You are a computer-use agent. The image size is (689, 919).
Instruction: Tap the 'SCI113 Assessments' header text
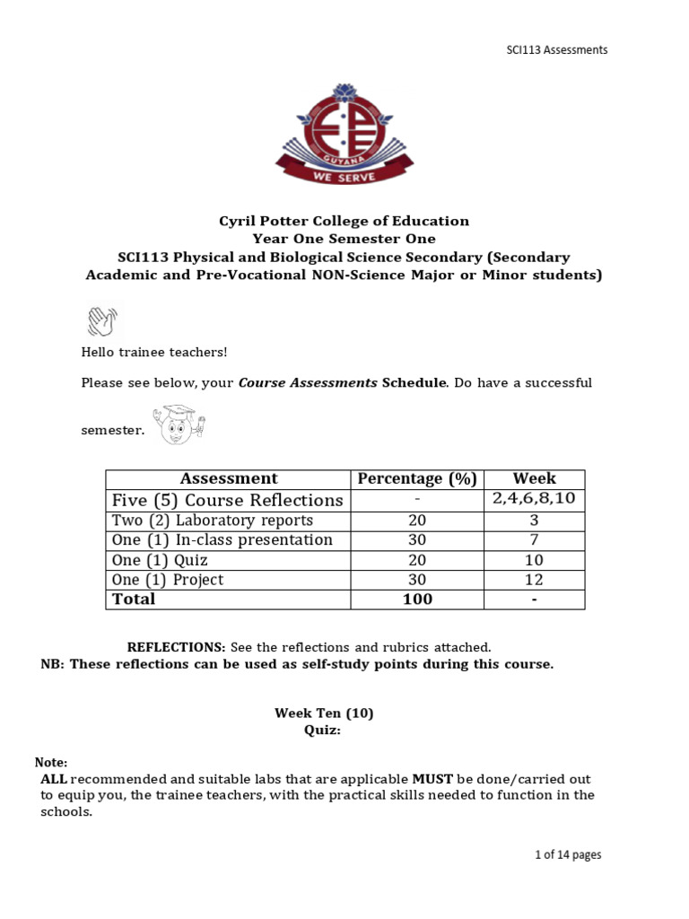pos(556,50)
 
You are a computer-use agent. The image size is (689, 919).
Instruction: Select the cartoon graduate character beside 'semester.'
pos(180,424)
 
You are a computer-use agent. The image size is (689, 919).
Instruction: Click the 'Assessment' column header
pos(229,479)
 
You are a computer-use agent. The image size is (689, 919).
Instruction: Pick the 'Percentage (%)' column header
pos(416,479)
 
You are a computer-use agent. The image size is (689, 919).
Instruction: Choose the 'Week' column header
pos(534,479)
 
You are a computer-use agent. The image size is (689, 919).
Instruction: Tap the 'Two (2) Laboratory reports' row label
pos(213,521)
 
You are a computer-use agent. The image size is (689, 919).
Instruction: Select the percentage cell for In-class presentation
pos(416,540)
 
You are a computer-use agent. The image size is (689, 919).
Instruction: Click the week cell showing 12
pos(534,580)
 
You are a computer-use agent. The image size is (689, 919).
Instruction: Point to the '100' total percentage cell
pos(416,600)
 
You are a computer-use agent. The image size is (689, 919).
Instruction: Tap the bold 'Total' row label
pos(134,600)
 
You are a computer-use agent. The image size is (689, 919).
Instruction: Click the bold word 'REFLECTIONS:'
pos(176,647)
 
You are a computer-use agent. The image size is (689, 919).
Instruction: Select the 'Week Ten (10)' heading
pos(324,713)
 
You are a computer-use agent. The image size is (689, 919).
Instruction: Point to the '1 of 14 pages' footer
pos(567,855)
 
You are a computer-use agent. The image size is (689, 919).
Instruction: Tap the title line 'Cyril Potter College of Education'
pos(344,221)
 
